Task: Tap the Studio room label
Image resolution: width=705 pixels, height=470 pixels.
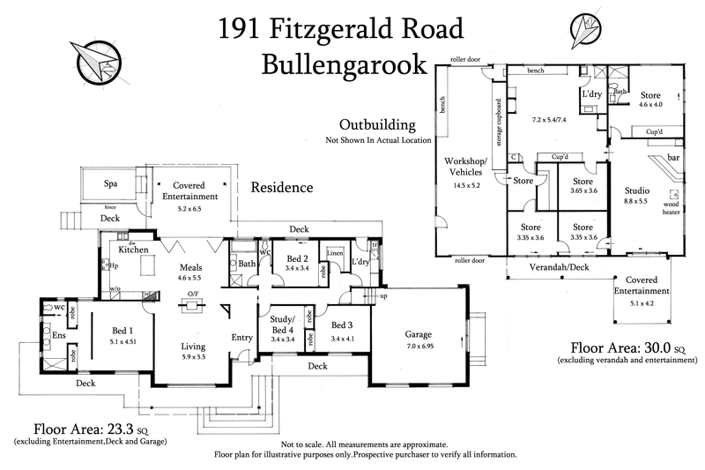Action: click(637, 190)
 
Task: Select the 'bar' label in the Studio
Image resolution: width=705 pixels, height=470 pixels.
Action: click(674, 157)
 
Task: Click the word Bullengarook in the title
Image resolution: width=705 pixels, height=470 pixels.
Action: click(344, 64)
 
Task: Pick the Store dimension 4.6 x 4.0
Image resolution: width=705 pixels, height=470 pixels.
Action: click(650, 105)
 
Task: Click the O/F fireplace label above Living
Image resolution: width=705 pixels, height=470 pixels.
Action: click(189, 295)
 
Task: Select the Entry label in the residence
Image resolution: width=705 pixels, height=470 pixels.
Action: click(241, 338)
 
